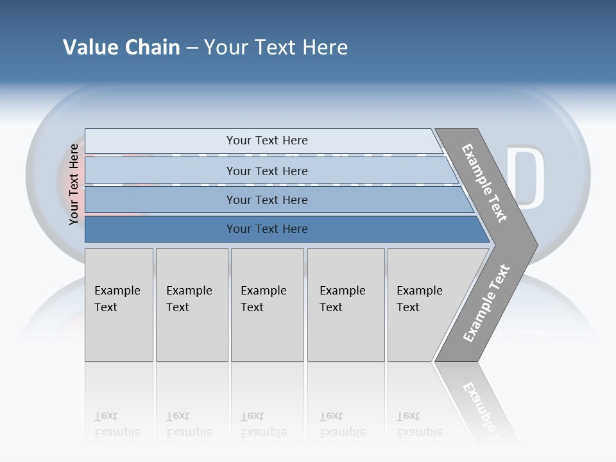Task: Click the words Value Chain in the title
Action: tap(121, 47)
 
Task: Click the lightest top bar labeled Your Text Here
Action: tap(266, 141)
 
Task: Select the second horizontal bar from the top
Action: tap(266, 171)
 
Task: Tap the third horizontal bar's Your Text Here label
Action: tap(266, 200)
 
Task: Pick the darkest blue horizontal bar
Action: tap(266, 229)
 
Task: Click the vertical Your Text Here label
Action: tap(74, 184)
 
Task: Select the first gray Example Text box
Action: tap(119, 305)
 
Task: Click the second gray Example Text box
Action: tap(191, 305)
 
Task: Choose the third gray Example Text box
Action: tap(266, 305)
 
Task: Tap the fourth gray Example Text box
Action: tap(345, 305)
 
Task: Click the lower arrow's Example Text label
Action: tap(486, 304)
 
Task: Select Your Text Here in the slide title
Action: tap(276, 47)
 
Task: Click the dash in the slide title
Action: tap(192, 48)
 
